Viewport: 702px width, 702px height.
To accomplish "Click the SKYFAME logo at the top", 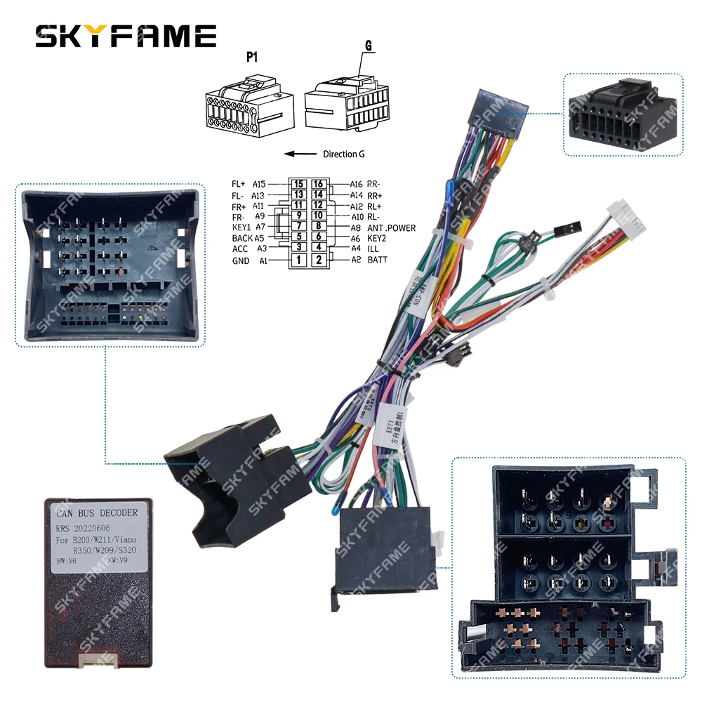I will point(126,36).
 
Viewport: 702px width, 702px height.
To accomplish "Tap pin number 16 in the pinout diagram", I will point(318,184).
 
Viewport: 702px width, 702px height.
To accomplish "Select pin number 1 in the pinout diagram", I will point(298,260).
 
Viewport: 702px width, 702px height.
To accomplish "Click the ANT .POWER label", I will point(392,227).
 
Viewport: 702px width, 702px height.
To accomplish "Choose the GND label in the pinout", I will point(240,260).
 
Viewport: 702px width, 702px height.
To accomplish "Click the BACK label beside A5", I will point(242,239).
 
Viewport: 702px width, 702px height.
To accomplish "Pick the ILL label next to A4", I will point(373,249).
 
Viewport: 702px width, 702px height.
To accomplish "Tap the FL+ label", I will point(239,184).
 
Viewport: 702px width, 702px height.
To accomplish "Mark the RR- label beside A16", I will point(373,184).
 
